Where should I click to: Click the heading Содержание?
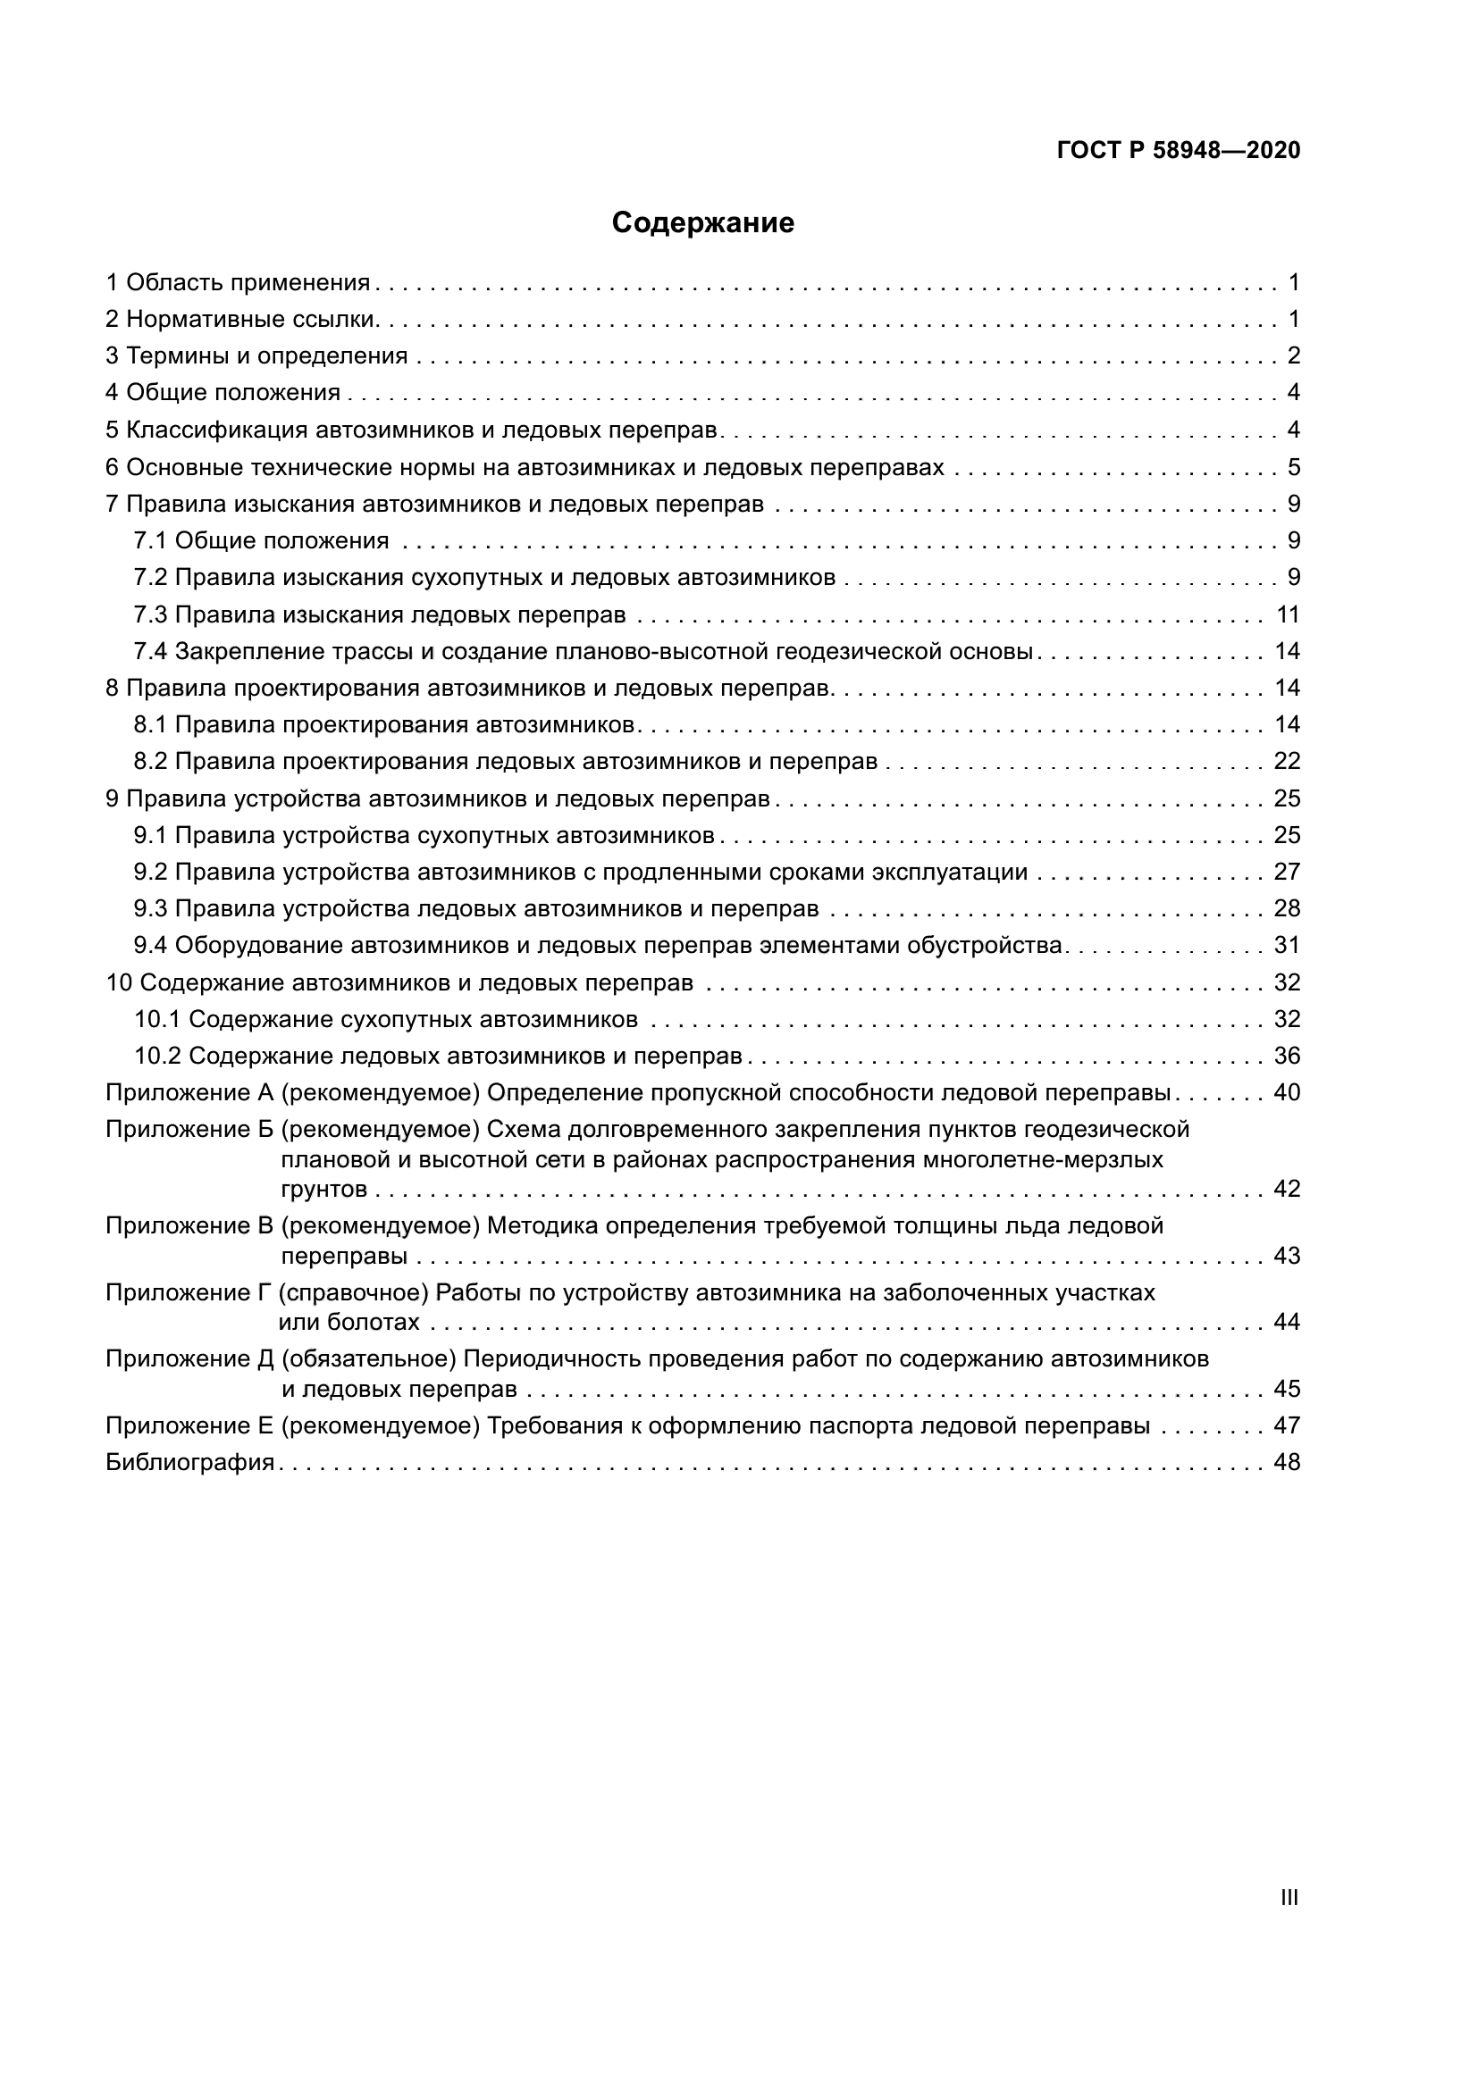[701, 223]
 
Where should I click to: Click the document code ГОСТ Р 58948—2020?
[1178, 151]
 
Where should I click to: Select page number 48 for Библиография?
[1287, 1463]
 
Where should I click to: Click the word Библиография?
[190, 1463]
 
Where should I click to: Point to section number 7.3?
[150, 615]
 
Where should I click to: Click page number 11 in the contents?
[1288, 615]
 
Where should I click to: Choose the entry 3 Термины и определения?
[256, 356]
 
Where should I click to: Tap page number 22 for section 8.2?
[1287, 762]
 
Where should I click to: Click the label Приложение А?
[189, 1092]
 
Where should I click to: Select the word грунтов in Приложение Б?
[324, 1189]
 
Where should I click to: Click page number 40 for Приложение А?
[1287, 1092]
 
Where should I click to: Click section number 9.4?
[150, 946]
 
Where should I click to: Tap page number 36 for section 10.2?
[1287, 1057]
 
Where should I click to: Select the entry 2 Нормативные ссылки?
[241, 320]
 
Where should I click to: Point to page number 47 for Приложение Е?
[1287, 1425]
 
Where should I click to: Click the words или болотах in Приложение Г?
[349, 1323]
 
